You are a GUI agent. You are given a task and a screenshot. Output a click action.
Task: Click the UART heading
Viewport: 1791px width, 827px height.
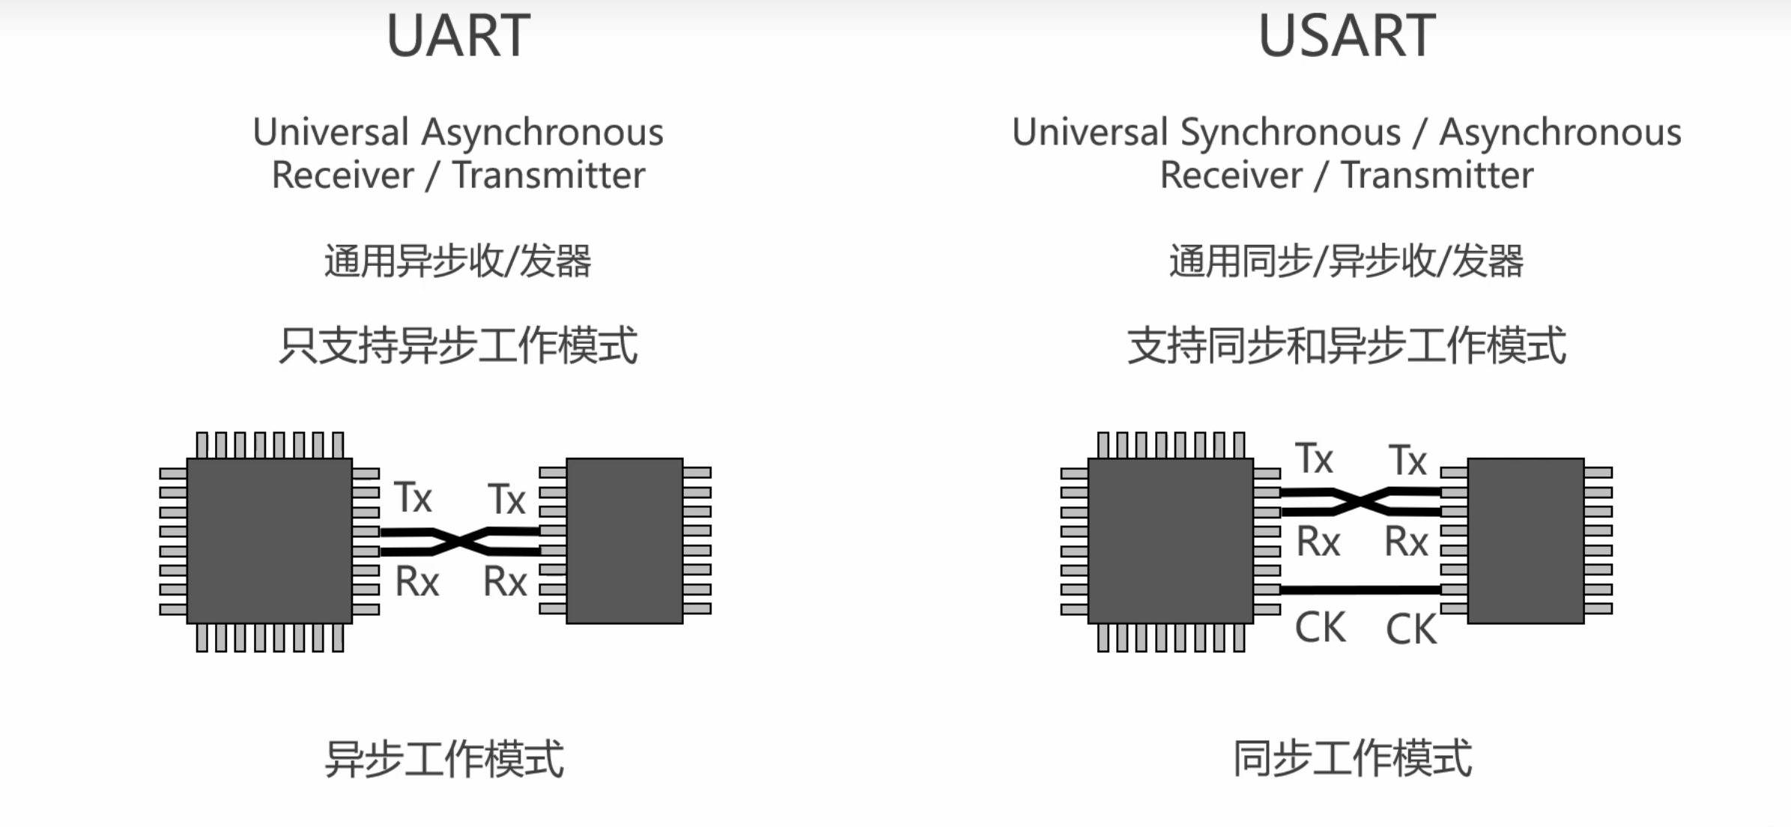(x=458, y=36)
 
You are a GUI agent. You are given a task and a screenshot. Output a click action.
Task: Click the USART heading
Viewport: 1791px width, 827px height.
(x=1347, y=36)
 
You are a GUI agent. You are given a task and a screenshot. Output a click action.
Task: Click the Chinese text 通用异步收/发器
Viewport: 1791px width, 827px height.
(x=458, y=261)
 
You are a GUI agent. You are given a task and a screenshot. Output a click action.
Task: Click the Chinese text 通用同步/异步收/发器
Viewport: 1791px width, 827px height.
(x=1346, y=261)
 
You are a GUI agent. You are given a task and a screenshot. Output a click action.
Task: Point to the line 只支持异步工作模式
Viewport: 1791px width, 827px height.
(x=458, y=345)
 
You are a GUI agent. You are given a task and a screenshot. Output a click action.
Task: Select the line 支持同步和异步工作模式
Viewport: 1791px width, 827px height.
(x=1346, y=345)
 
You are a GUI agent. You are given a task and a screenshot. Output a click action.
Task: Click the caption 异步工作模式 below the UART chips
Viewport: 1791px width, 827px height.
(x=444, y=759)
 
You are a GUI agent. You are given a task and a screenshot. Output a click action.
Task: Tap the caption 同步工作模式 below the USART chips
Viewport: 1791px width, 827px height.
(x=1353, y=759)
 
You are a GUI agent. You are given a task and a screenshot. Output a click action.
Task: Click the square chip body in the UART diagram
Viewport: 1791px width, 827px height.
(x=270, y=541)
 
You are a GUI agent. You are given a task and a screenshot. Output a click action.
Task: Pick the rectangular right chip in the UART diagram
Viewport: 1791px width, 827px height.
(x=625, y=541)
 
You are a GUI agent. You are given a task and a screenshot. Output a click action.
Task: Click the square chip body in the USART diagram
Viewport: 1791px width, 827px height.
(x=1171, y=541)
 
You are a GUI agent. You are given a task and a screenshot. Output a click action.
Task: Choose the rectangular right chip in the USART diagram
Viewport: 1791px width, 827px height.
(x=1526, y=541)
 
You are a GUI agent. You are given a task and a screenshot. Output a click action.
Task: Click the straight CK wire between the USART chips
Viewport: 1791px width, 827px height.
(x=1360, y=590)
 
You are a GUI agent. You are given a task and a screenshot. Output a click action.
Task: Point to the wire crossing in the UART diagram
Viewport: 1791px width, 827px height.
(x=460, y=542)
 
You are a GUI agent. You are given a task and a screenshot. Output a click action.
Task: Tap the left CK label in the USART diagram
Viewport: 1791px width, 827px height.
(x=1320, y=628)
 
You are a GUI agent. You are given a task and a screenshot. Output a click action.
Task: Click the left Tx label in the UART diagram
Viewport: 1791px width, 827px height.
(x=413, y=498)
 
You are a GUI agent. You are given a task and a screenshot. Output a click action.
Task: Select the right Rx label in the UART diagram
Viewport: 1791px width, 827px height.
(x=505, y=582)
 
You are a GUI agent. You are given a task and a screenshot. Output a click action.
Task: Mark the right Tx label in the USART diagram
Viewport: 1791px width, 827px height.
(x=1407, y=461)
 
